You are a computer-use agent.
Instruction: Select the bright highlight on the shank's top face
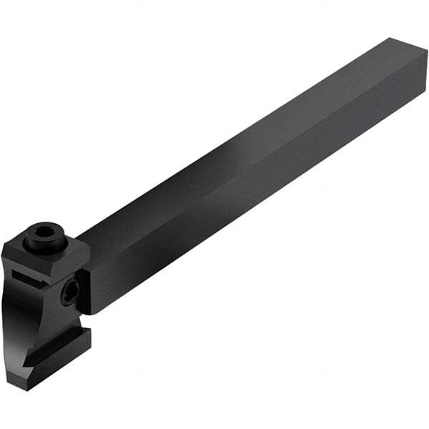pos(236,154)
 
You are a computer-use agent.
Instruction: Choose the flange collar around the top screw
pos(44,246)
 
